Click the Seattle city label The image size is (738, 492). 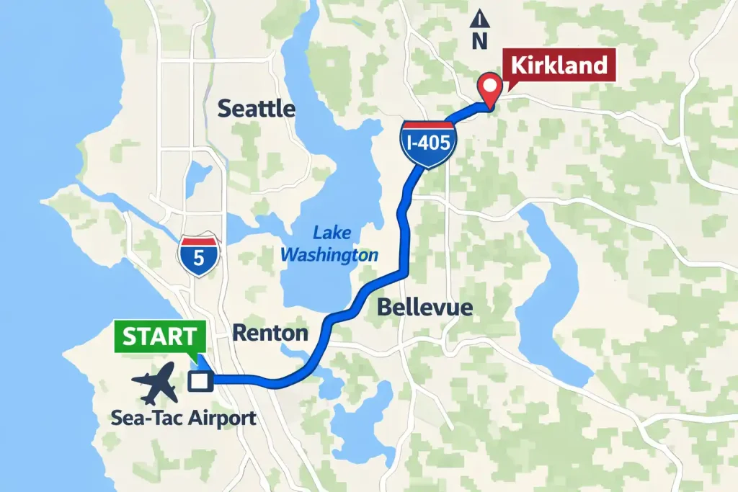(x=257, y=109)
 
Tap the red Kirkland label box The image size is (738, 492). (x=559, y=66)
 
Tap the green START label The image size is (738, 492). (x=159, y=336)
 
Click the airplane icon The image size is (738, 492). (x=156, y=383)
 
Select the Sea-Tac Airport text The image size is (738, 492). (x=184, y=418)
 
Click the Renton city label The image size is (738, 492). (x=270, y=333)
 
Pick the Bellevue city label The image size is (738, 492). (x=424, y=308)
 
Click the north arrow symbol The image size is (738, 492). (x=479, y=20)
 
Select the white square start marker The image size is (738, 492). (x=197, y=381)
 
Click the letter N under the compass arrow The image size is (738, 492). (x=479, y=42)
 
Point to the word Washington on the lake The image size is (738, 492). (x=329, y=254)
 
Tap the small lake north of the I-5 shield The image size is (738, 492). (x=197, y=179)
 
